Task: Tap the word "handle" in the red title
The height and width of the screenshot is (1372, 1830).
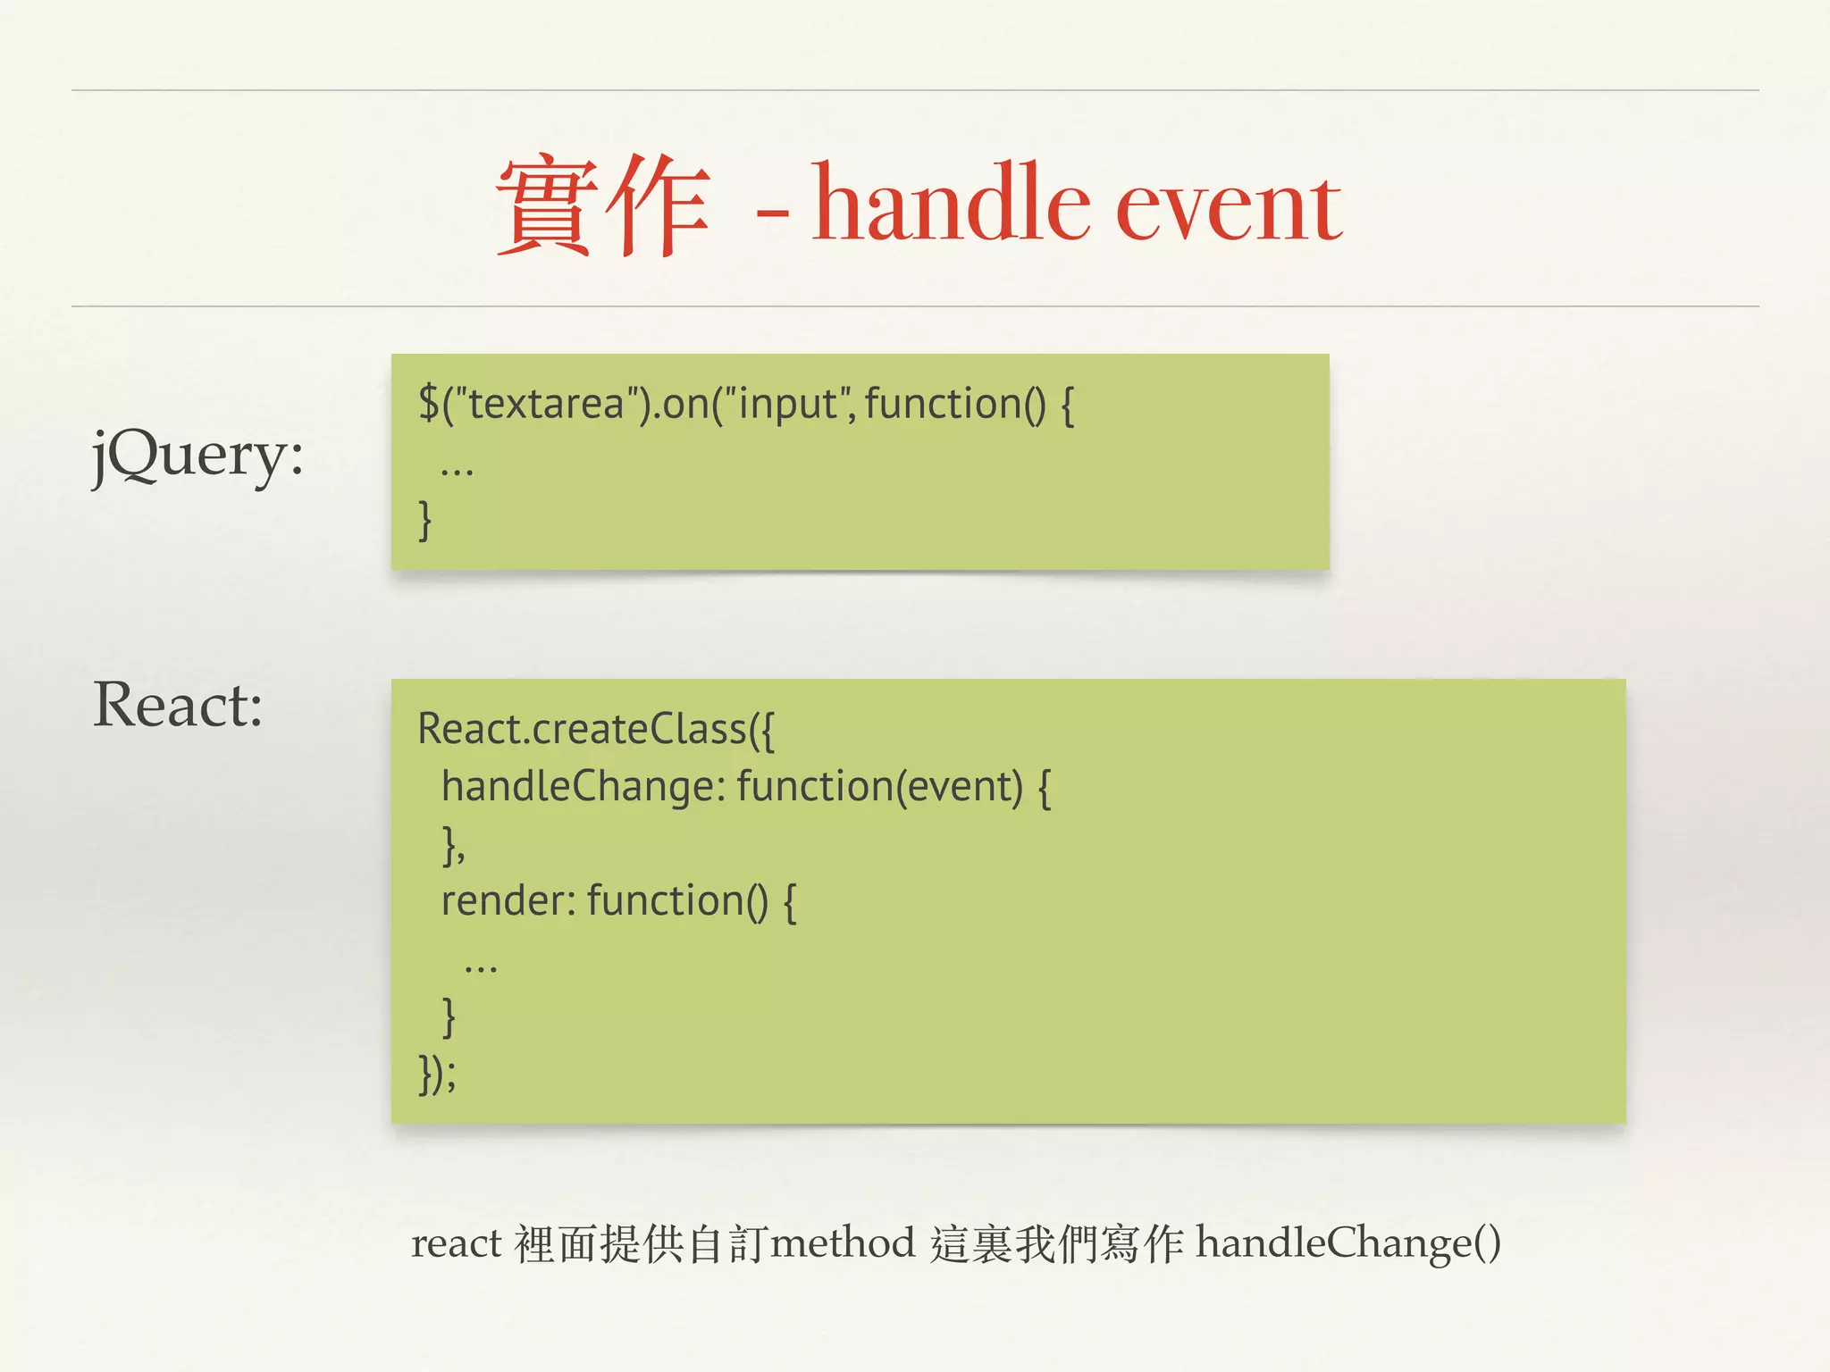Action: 951,204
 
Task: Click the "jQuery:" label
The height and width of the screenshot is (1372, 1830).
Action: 197,456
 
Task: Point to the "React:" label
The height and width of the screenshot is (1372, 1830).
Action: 178,706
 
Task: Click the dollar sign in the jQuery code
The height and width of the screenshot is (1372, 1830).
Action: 429,403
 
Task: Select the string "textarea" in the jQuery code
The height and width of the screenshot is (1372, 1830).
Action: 545,404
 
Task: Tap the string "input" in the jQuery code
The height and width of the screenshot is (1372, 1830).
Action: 786,404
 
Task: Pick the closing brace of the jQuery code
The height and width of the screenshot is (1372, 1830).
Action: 425,520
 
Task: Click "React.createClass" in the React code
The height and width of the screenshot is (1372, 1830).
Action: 581,729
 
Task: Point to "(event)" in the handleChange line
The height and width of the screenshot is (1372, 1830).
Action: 960,787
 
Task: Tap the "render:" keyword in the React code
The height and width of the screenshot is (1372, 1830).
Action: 508,900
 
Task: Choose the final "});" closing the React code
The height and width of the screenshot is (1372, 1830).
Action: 438,1073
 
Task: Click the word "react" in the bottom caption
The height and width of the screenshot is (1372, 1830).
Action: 456,1243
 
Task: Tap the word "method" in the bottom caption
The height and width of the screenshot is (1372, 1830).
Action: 843,1243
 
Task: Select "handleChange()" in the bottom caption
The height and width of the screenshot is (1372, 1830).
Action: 1348,1243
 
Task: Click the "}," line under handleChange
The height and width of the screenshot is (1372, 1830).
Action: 454,845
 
